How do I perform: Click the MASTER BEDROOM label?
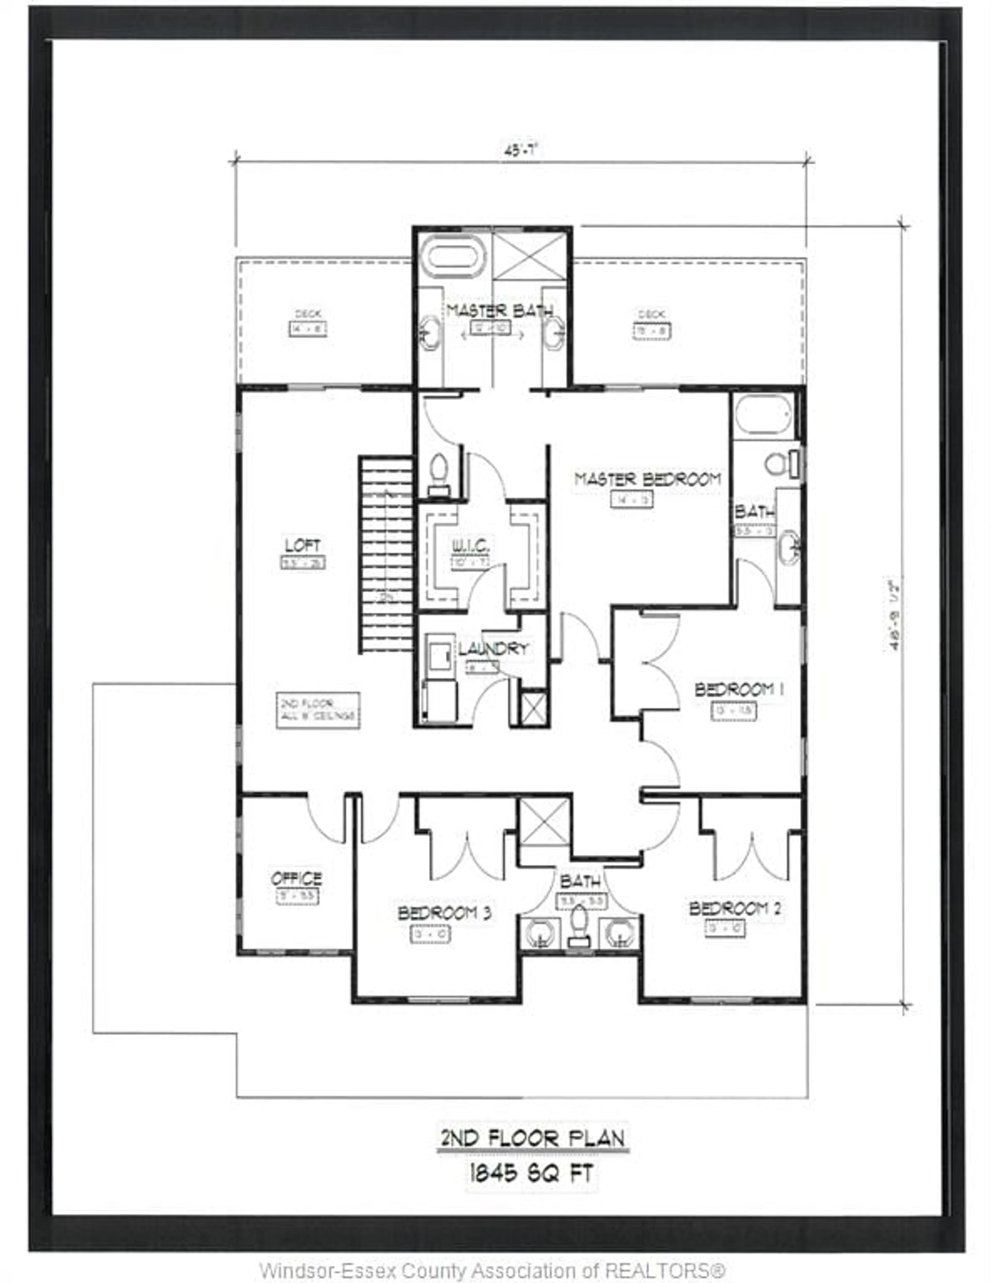click(x=647, y=479)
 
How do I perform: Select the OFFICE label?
click(x=297, y=879)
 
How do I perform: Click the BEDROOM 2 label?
click(x=735, y=909)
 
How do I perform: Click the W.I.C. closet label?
click(x=470, y=546)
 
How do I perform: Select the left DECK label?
click(x=307, y=314)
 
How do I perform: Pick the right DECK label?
click(x=651, y=314)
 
